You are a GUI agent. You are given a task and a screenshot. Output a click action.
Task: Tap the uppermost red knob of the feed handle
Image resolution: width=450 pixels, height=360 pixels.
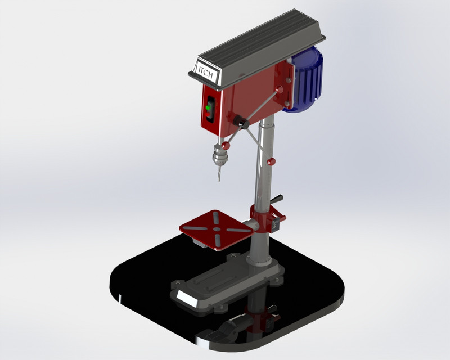coord(280,89)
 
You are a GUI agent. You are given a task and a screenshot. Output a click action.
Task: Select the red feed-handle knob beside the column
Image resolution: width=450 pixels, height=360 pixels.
coord(272,162)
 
